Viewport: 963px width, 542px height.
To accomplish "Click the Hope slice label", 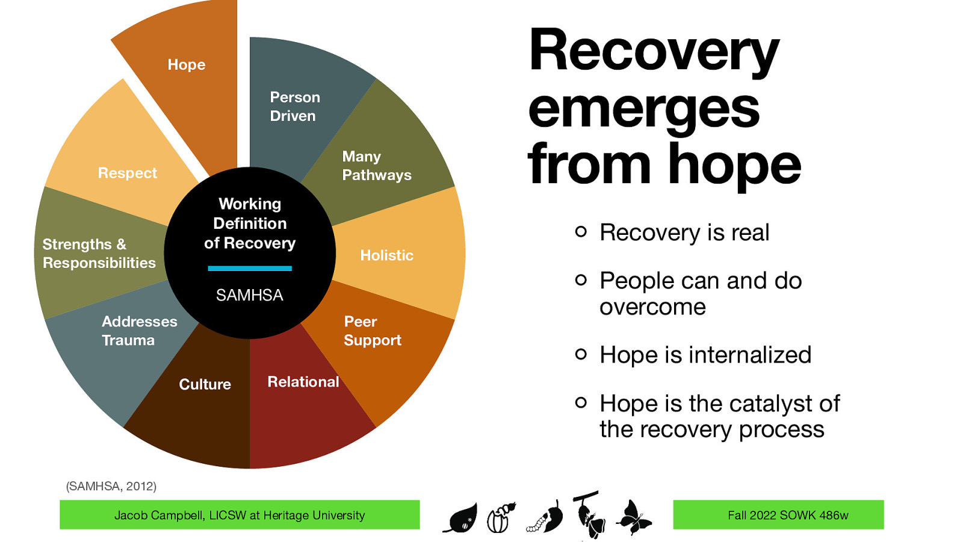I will point(187,65).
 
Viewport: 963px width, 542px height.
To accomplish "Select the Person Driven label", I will point(294,107).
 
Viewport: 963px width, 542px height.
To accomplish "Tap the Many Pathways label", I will point(376,166).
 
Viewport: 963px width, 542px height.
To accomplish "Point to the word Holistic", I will point(386,255).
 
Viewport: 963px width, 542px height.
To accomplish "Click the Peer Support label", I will point(371,331).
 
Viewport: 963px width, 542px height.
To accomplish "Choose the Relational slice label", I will point(303,382).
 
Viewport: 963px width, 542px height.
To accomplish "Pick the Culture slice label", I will point(205,384).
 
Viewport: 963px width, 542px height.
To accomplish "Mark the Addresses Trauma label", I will point(139,331).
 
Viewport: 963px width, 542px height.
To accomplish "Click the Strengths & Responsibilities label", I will point(99,254).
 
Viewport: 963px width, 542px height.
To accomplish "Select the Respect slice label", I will point(127,173).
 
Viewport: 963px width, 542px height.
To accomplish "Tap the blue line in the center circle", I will point(249,269).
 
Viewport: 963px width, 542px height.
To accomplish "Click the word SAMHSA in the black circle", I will point(249,295).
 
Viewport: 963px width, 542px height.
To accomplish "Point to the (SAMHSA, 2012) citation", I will point(111,486).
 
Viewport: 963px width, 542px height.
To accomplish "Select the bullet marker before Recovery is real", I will point(580,231).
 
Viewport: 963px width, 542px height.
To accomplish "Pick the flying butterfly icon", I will point(633,517).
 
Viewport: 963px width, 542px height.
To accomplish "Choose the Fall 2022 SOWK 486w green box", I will point(778,515).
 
